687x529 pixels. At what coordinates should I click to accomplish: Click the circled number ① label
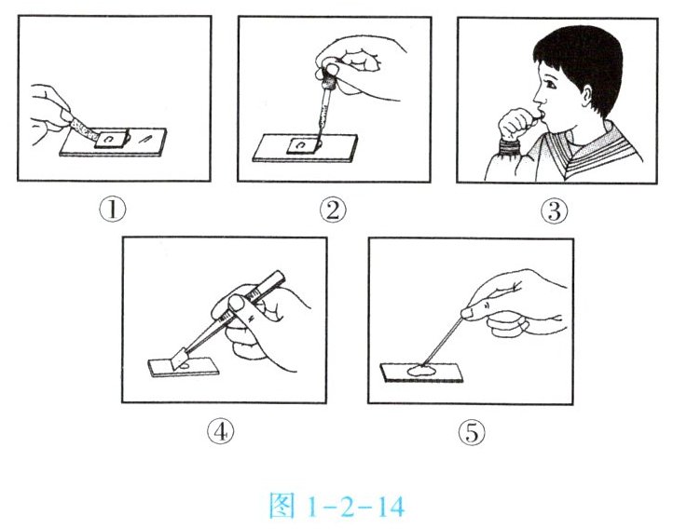coord(113,210)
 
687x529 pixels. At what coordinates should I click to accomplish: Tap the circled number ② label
coord(333,210)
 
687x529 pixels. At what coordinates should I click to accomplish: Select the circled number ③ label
coord(555,210)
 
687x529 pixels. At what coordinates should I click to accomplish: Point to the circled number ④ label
coord(220,431)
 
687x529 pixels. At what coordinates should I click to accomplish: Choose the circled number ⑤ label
coord(472,432)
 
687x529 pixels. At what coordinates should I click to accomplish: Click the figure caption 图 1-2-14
coord(337,507)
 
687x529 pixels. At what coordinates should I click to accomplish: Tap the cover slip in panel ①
coord(111,140)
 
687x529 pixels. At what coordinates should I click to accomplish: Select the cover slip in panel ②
coord(303,146)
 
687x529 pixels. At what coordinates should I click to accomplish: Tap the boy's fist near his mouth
coord(515,124)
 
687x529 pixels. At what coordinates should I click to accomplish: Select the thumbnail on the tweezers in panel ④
coord(237,303)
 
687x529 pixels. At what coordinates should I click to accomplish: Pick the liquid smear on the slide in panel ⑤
coord(421,372)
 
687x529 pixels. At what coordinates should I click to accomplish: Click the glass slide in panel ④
coord(184,368)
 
